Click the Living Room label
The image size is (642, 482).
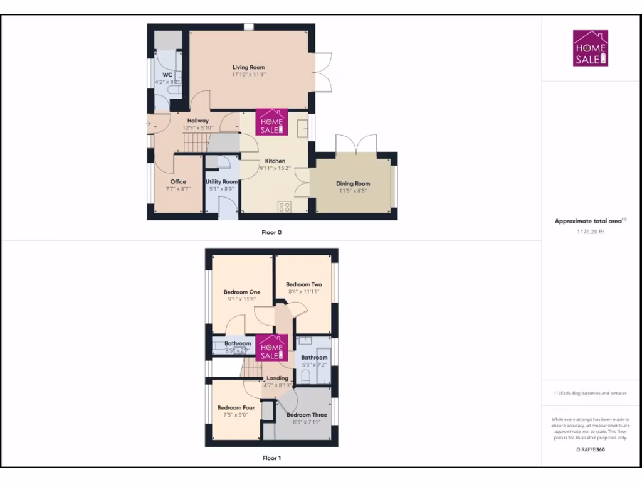click(248, 67)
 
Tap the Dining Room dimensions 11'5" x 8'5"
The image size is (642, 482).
click(354, 191)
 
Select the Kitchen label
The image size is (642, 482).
click(275, 161)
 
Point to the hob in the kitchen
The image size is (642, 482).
click(283, 206)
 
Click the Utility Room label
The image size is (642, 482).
click(221, 181)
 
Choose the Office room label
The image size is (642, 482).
click(178, 181)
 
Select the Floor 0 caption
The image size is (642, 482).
click(271, 232)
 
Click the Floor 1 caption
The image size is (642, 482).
click(271, 458)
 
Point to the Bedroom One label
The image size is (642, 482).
click(241, 292)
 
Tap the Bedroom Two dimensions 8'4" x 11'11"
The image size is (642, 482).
click(303, 292)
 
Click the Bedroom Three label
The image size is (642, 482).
click(307, 415)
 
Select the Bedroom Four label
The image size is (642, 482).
click(236, 407)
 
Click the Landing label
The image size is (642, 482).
click(277, 378)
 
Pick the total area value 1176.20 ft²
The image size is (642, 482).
click(591, 231)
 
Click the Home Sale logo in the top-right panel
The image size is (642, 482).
click(591, 48)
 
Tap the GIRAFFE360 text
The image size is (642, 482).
click(591, 449)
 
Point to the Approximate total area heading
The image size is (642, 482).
click(589, 221)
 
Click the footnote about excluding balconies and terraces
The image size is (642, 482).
click(591, 394)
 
